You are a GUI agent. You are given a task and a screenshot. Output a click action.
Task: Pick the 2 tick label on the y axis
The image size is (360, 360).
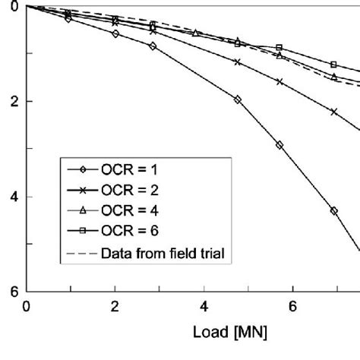pos(14,101)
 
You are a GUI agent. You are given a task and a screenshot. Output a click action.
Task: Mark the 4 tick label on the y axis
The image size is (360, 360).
pos(14,197)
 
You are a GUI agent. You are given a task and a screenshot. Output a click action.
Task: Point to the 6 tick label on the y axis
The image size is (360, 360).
pos(14,292)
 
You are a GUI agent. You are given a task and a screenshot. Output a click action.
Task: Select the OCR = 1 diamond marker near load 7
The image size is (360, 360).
pos(333,211)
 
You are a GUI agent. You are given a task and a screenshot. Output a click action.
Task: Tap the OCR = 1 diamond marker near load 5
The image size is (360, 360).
pos(238,99)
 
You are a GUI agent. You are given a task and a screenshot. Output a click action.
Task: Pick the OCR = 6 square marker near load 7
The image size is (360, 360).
pos(333,65)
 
